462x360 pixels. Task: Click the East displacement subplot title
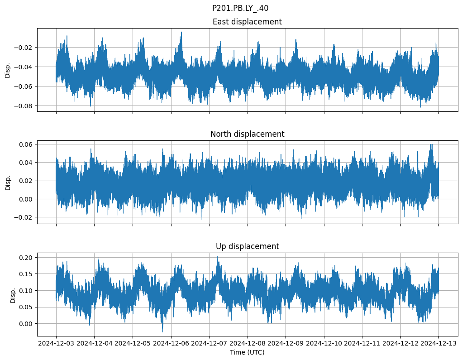[x=247, y=22]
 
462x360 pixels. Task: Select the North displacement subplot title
[x=247, y=134]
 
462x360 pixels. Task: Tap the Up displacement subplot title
[x=247, y=246]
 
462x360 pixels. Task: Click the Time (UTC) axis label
[x=247, y=352]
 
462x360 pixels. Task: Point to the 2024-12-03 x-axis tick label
[x=56, y=344]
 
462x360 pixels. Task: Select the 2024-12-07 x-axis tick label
[x=209, y=344]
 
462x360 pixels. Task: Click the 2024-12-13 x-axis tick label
[x=438, y=344]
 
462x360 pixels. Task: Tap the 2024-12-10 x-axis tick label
[x=324, y=344]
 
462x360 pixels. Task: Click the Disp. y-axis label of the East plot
[x=8, y=70]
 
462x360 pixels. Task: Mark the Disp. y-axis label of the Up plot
[x=13, y=294]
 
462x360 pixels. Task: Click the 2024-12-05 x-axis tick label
[x=133, y=344]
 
